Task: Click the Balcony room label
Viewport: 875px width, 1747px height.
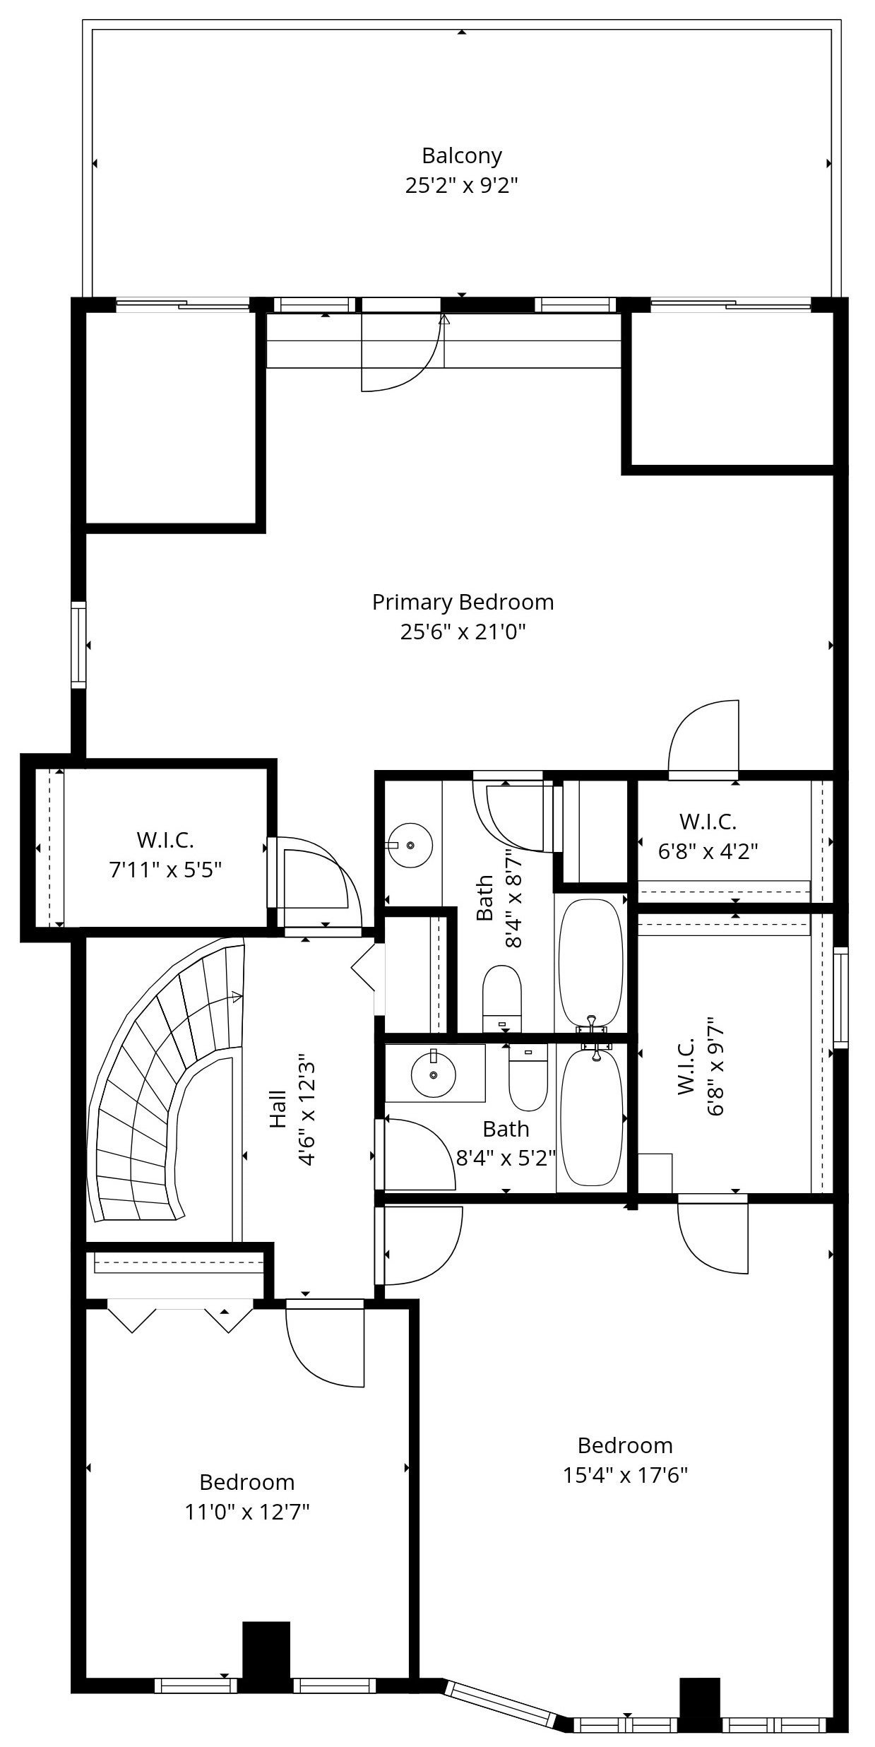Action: (x=462, y=156)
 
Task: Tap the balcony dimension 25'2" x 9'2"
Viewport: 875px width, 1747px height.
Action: (x=462, y=186)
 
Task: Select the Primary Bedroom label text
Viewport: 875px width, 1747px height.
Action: (x=463, y=602)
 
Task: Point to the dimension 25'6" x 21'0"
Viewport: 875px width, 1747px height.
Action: (x=463, y=632)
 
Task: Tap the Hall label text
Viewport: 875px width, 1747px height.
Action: (x=278, y=1110)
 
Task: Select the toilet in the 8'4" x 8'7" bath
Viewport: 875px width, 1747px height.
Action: (x=502, y=997)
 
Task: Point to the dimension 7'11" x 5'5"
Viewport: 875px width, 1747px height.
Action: (x=165, y=870)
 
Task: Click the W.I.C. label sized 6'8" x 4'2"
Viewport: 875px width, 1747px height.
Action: (x=708, y=822)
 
